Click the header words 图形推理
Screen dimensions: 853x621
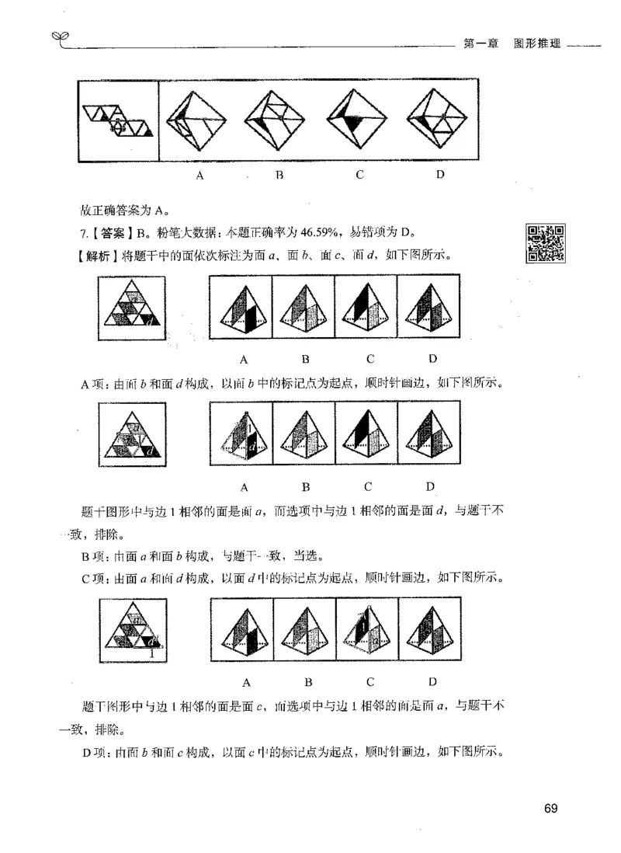[x=536, y=46]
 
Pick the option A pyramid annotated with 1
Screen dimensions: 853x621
[x=242, y=439]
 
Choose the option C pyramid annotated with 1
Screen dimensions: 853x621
[x=366, y=635]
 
